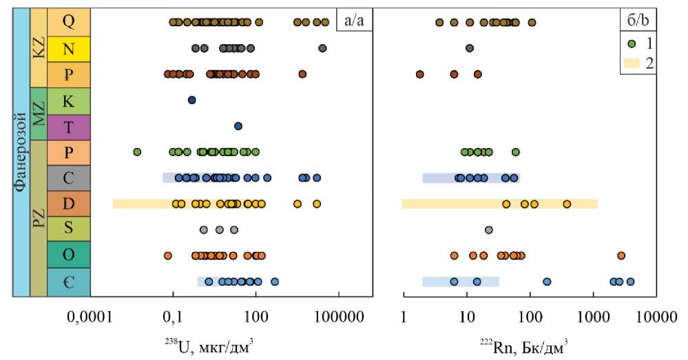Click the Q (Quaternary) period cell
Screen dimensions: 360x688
point(68,22)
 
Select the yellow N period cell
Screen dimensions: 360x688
point(68,48)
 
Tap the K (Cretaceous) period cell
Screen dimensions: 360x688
point(68,100)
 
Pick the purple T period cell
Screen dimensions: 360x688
point(68,127)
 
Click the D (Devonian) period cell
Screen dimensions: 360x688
point(68,204)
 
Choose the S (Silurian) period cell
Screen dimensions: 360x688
point(68,230)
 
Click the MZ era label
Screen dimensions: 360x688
point(39,114)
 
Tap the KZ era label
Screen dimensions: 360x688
point(39,47)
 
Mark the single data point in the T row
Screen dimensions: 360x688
point(238,126)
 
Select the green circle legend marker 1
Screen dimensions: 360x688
point(631,43)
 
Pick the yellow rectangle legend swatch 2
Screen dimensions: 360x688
point(631,63)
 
